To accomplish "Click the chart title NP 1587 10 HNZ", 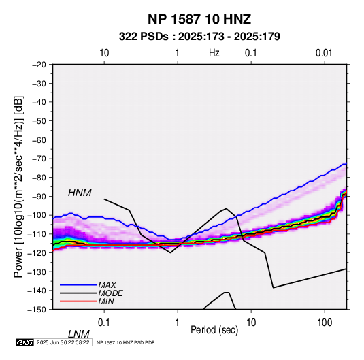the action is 199,19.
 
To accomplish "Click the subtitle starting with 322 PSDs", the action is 199,37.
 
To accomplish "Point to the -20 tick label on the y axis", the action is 39,65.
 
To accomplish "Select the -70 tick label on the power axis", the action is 39,159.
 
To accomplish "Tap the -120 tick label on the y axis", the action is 37,252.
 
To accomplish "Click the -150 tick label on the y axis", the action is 37,310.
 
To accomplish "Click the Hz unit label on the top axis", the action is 214,53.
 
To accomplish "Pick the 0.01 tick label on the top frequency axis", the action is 324,53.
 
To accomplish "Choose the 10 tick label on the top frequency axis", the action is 104,53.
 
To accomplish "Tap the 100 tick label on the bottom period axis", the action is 325,323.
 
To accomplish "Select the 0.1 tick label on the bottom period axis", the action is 103,323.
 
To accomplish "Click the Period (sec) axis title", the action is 214,330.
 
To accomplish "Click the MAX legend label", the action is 107,284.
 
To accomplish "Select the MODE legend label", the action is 110,293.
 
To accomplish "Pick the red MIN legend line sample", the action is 78,301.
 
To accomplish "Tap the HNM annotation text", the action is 80,193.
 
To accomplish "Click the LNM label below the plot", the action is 78,334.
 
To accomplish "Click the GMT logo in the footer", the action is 25,342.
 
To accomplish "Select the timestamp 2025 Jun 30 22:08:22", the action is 63,342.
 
